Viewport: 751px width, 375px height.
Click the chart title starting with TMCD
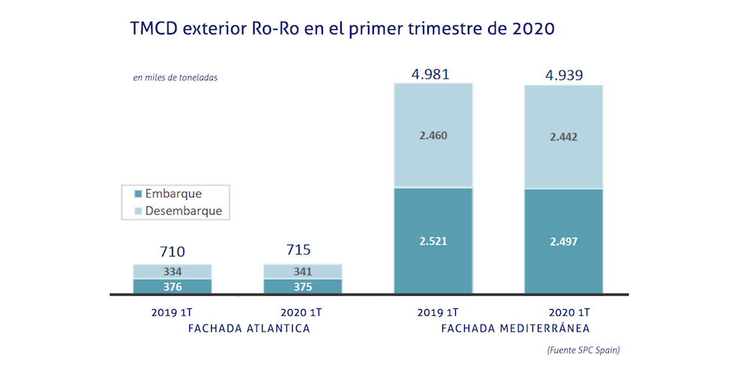tap(342, 30)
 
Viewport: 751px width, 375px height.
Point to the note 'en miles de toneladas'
tap(175, 76)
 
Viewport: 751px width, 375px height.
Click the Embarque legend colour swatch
tap(137, 194)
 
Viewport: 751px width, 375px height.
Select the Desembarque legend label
tap(183, 211)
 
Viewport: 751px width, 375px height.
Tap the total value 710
tap(172, 251)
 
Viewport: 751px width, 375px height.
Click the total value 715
tap(303, 250)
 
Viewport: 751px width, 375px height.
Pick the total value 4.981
tap(433, 73)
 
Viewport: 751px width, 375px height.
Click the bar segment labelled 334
tap(172, 271)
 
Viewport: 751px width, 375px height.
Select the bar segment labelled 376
tap(172, 286)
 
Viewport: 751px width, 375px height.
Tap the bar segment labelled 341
tap(303, 271)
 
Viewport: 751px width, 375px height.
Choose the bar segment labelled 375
tap(303, 286)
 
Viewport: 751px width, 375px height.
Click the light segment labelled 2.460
tap(433, 136)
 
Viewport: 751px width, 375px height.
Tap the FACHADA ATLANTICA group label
tap(237, 328)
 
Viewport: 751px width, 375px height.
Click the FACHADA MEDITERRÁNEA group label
tap(515, 328)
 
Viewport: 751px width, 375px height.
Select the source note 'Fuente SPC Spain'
tap(583, 350)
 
